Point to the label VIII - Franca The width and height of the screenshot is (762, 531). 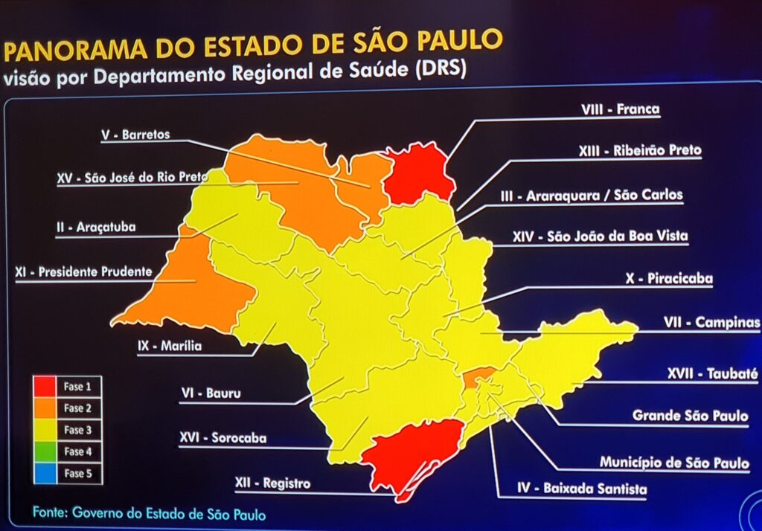620,109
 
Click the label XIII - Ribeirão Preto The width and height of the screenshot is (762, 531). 639,150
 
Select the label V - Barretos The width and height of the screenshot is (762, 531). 135,135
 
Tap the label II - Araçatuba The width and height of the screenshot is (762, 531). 96,227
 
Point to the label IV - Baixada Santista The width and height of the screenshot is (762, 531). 582,489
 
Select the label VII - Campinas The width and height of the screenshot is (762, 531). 711,323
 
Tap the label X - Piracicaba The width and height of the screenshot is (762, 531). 669,279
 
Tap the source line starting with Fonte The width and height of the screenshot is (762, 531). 149,513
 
